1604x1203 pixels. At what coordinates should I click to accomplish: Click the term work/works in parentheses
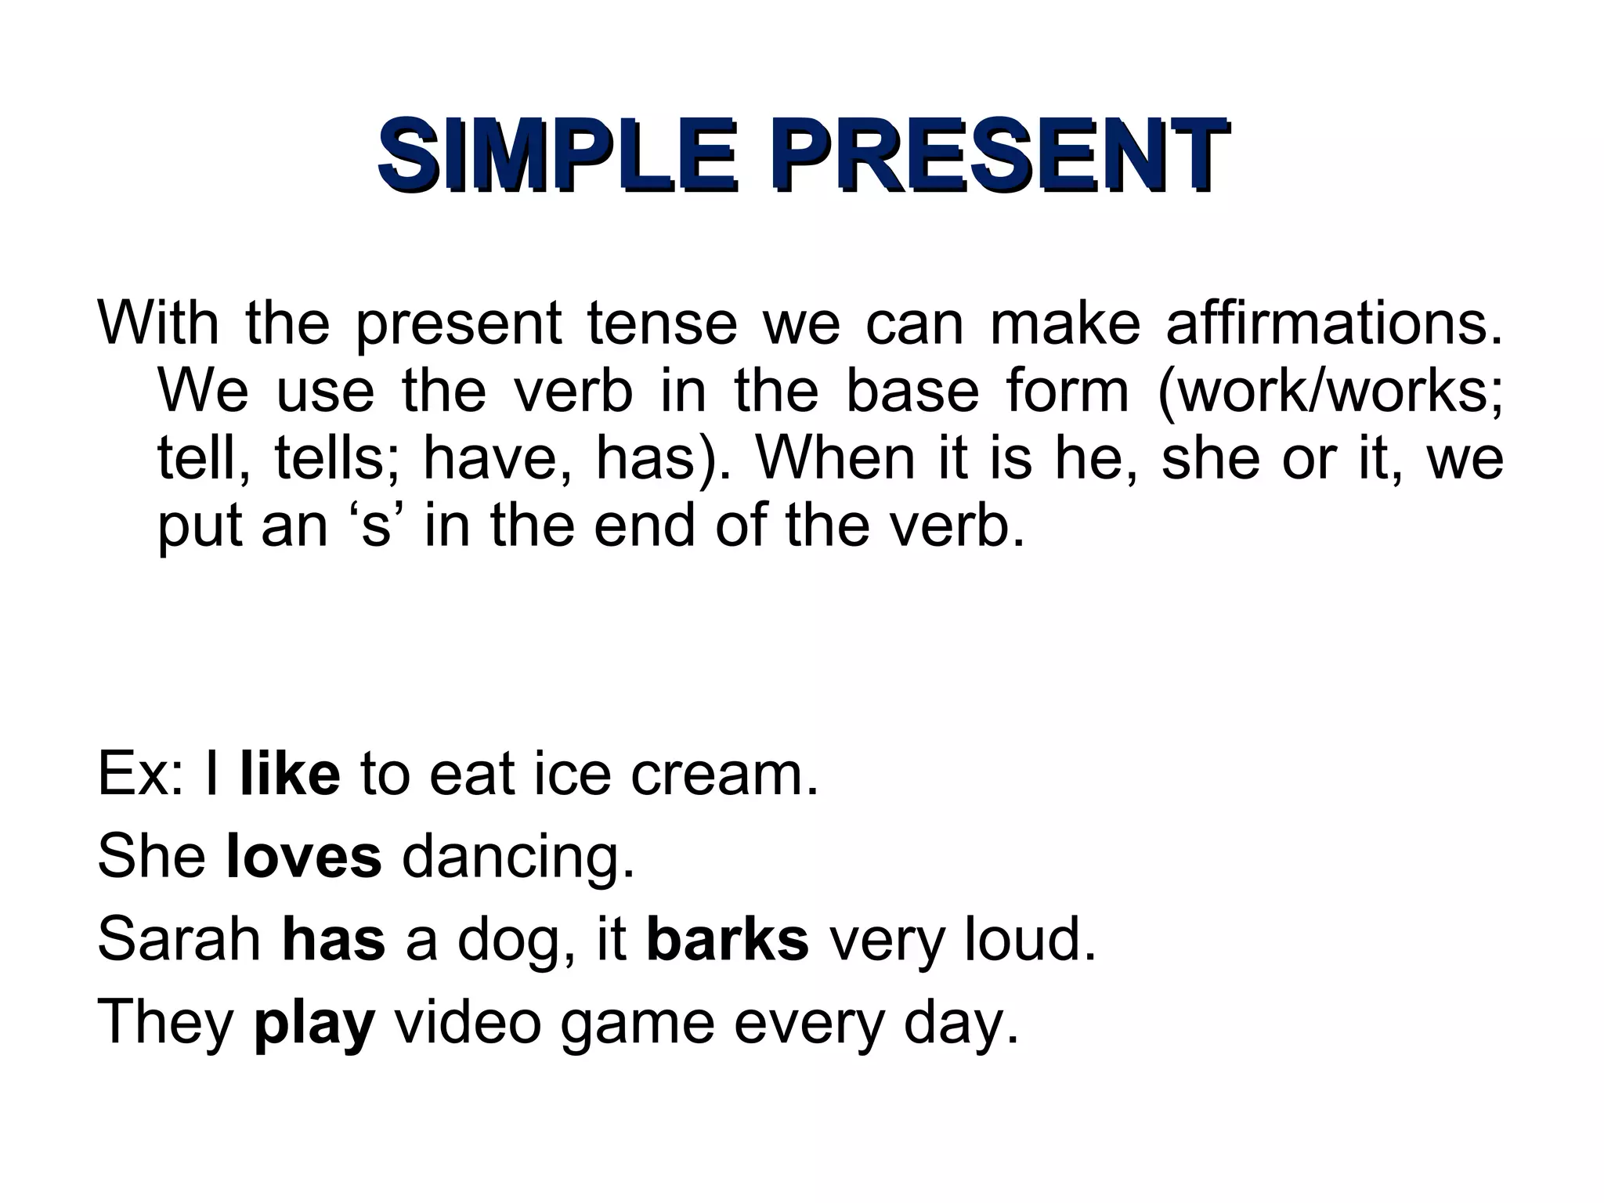click(1331, 391)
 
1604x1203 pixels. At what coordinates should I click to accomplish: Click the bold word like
click(291, 773)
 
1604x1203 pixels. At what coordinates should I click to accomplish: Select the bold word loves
click(304, 856)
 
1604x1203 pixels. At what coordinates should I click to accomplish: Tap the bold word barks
click(728, 939)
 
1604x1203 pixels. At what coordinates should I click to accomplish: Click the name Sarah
click(179, 939)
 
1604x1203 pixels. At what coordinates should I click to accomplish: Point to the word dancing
click(517, 858)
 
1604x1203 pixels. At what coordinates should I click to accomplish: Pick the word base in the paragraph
click(912, 391)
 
